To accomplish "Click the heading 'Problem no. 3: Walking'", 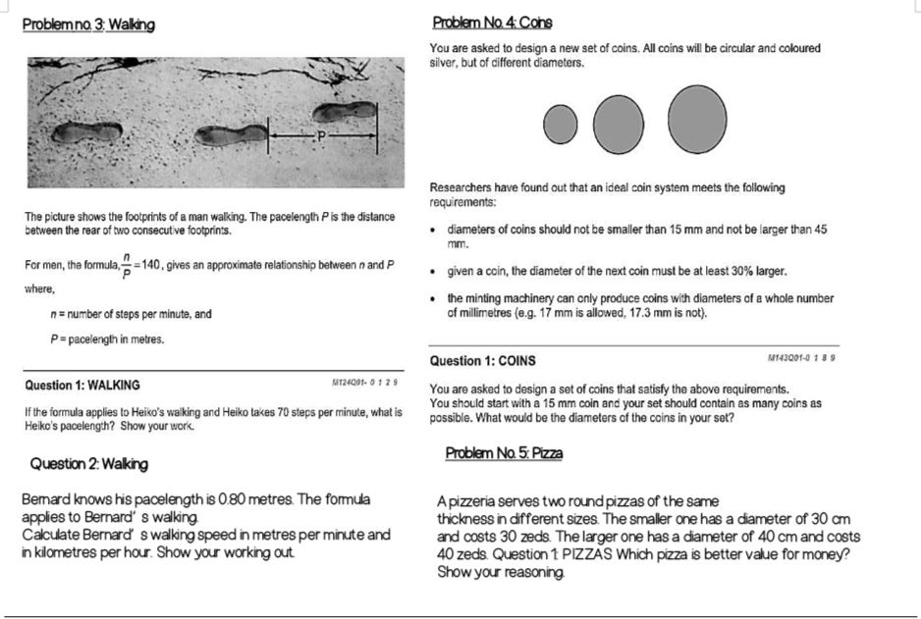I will click(x=90, y=24).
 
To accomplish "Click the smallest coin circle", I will click(x=561, y=123).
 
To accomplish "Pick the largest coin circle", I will click(x=698, y=120).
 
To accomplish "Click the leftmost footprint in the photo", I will click(x=87, y=131).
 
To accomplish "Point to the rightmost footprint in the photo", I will click(x=345, y=114).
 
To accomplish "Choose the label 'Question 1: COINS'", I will click(x=483, y=361).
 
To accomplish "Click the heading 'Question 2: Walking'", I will click(x=89, y=463).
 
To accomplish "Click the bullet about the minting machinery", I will click(x=640, y=305).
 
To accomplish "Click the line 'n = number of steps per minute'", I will click(x=132, y=314).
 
